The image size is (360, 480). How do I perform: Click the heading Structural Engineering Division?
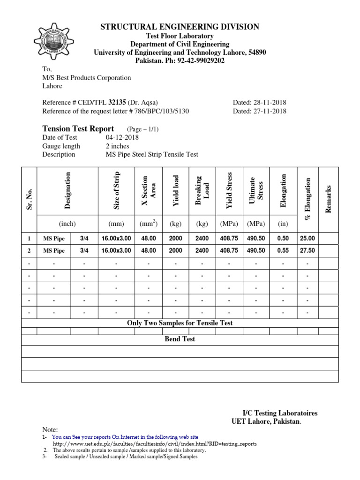pyautogui.click(x=180, y=27)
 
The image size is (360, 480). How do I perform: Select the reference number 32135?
pyautogui.click(x=117, y=102)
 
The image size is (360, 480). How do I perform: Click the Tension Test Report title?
pyautogui.click(x=78, y=129)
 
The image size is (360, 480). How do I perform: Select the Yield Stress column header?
pyautogui.click(x=229, y=191)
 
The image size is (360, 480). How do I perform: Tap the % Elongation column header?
pyautogui.click(x=308, y=198)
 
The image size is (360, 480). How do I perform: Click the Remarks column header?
pyautogui.click(x=329, y=198)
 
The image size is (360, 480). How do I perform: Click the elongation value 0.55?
pyautogui.click(x=283, y=251)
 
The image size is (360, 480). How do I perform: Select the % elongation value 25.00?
pyautogui.click(x=307, y=239)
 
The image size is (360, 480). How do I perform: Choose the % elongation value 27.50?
pyautogui.click(x=307, y=251)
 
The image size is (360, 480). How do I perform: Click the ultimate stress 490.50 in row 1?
pyautogui.click(x=256, y=239)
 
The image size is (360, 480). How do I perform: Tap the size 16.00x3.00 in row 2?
pyautogui.click(x=116, y=251)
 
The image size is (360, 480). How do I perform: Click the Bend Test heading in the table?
pyautogui.click(x=180, y=339)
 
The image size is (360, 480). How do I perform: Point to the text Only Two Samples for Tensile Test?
pyautogui.click(x=180, y=323)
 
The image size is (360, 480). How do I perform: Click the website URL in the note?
pyautogui.click(x=155, y=443)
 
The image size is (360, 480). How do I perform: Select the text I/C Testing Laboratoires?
pyautogui.click(x=280, y=413)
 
